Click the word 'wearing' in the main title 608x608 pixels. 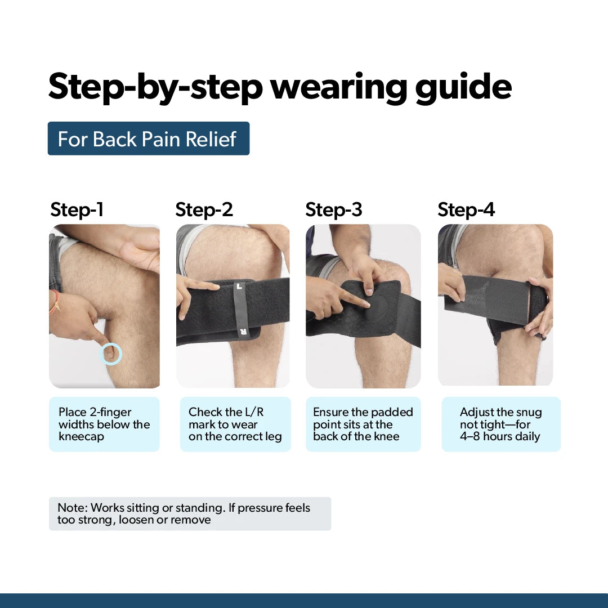[x=338, y=88]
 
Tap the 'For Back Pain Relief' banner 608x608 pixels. [x=149, y=138]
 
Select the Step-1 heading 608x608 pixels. [x=77, y=210]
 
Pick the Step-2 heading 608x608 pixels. [x=204, y=210]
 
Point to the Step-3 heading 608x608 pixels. [x=333, y=210]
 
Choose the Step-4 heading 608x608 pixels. [x=466, y=210]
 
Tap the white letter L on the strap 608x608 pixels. [x=239, y=287]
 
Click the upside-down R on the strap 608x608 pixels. [x=243, y=332]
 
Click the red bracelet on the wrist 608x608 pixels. [x=55, y=301]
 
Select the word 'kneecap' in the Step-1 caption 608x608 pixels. [x=82, y=437]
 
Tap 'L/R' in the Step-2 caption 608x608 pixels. [x=254, y=412]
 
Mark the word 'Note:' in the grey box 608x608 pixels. [x=73, y=508]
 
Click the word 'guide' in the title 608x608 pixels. [x=463, y=88]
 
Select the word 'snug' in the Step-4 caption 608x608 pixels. [x=529, y=413]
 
